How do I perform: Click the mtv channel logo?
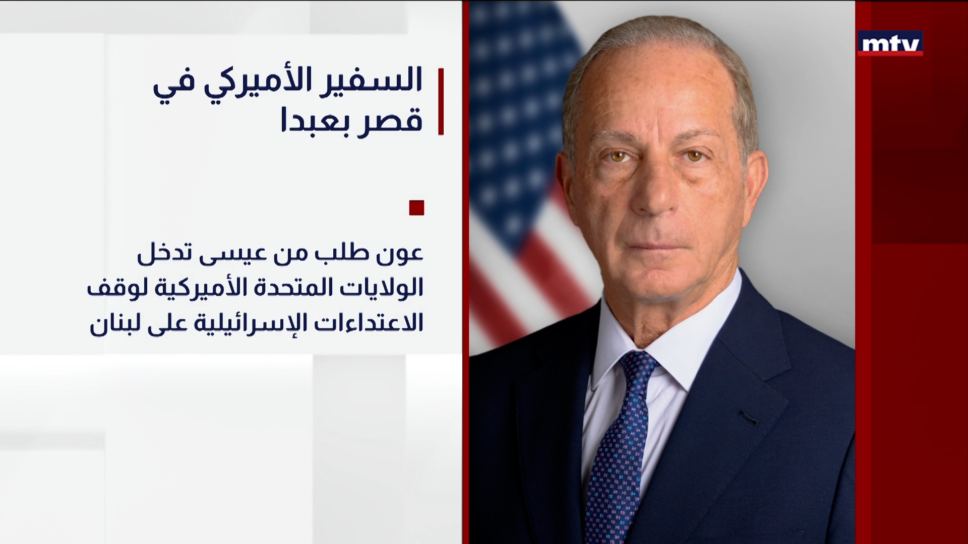pos(890,43)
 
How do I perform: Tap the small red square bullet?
pos(416,208)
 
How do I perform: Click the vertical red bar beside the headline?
pos(441,101)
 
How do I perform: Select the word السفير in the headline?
pos(373,81)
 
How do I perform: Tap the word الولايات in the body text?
pos(384,288)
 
